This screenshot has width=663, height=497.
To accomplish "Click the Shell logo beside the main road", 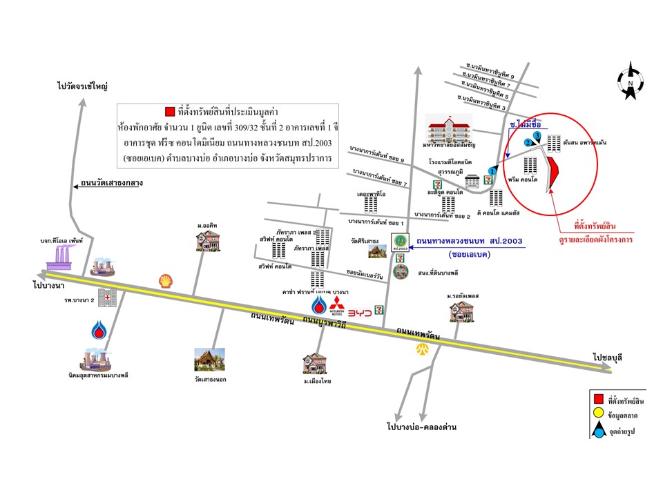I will coord(165,280).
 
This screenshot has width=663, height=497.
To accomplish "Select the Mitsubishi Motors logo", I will coord(336,307).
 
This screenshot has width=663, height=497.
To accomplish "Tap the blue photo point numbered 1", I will coord(492,170).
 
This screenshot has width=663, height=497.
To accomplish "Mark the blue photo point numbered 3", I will coord(537,136).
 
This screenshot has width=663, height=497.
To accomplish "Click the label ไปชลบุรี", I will coord(608,358).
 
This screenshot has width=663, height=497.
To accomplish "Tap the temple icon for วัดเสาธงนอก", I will coord(209,360).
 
